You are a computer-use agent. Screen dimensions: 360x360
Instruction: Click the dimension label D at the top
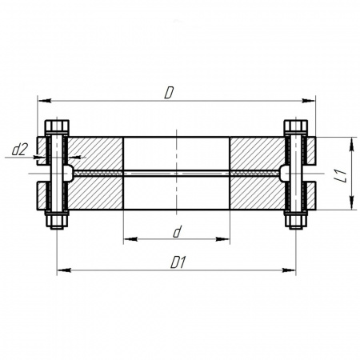[x=169, y=93]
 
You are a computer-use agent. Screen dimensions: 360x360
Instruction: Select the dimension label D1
[x=178, y=263]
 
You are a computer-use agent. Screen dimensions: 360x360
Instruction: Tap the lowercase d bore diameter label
[x=177, y=231]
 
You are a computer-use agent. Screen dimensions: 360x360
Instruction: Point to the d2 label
[x=20, y=150]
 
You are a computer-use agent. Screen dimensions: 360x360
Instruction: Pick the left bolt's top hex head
[x=57, y=126]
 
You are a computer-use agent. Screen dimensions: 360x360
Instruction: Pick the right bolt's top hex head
[x=296, y=126]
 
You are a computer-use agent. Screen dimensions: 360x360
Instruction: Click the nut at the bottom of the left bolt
[x=57, y=220]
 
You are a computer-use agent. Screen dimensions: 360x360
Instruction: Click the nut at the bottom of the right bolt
[x=296, y=220]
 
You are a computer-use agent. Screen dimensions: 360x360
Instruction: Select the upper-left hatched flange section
[x=95, y=154]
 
